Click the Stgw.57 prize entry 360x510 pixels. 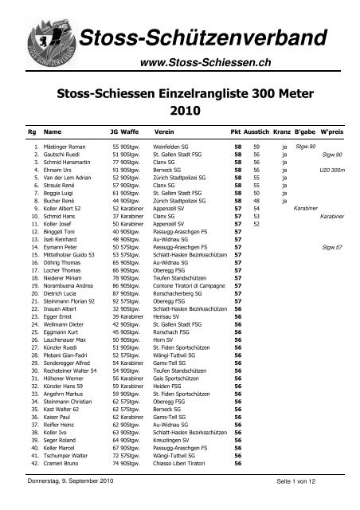(332, 247)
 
